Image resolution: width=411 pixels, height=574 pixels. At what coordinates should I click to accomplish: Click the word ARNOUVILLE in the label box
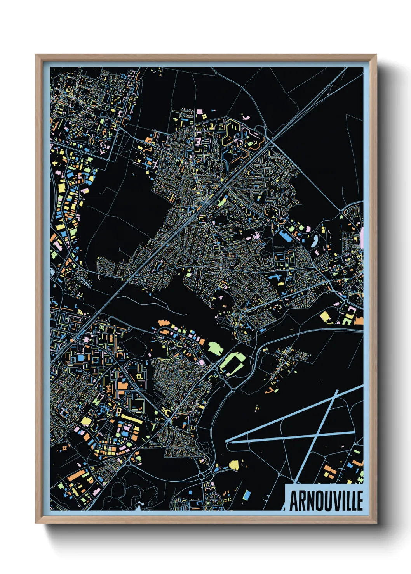326,501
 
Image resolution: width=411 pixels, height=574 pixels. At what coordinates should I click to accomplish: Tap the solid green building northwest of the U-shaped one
216,348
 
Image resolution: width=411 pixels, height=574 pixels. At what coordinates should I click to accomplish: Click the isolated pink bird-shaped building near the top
245,116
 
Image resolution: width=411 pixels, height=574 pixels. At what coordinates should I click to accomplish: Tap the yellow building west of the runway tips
234,465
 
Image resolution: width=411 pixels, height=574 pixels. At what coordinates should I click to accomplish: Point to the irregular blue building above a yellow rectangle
275,278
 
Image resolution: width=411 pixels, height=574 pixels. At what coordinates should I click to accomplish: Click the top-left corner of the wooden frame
37,55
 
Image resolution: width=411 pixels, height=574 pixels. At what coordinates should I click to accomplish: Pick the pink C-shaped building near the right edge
351,310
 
